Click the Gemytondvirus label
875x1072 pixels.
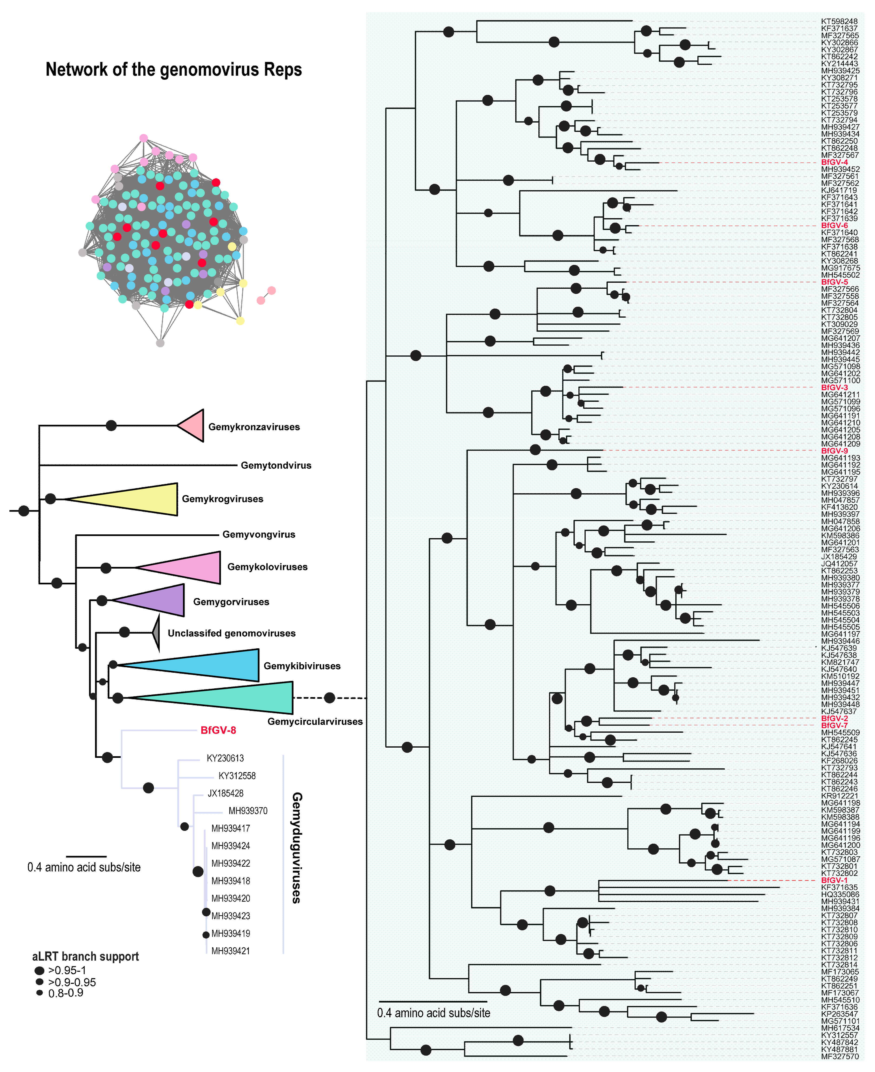pyautogui.click(x=276, y=465)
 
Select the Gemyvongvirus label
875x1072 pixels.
pyautogui.click(x=259, y=534)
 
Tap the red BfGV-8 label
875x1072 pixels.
pyautogui.click(x=218, y=730)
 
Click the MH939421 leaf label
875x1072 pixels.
pyautogui.click(x=230, y=951)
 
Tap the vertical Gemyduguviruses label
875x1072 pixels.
pyautogui.click(x=297, y=847)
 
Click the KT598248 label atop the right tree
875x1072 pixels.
pyautogui.click(x=839, y=22)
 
